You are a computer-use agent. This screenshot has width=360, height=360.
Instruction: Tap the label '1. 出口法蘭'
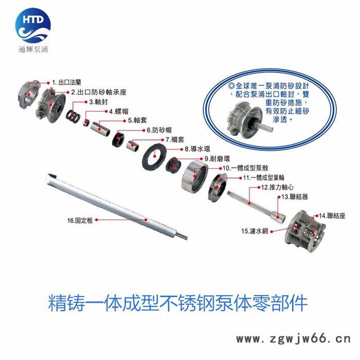[66, 82]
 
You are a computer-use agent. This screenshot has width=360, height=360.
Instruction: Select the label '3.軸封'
[98, 102]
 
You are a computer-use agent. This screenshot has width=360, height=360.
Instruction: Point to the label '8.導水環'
[197, 149]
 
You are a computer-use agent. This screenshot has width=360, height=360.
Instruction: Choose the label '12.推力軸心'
[277, 187]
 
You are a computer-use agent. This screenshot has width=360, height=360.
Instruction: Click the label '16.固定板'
[80, 221]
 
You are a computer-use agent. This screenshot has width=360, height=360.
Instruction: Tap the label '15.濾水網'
[255, 231]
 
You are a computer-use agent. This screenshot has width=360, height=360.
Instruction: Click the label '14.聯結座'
[332, 216]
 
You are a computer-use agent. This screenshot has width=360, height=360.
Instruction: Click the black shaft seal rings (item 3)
[73, 114]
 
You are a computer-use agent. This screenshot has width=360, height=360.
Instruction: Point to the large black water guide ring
[154, 157]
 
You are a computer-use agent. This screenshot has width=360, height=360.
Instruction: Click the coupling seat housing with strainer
[305, 231]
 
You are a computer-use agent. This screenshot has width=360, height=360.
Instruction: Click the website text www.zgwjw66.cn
[294, 339]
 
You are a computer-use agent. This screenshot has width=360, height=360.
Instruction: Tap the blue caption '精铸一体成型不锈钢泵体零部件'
[178, 303]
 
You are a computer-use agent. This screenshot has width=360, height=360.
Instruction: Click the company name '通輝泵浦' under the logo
[33, 49]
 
